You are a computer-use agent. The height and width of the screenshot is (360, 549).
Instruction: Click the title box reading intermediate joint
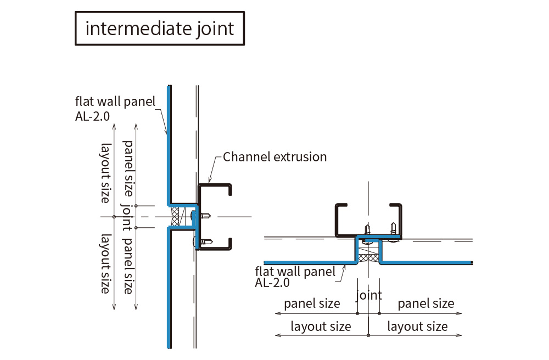(x=159, y=28)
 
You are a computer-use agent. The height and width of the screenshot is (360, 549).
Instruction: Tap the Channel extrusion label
(x=274, y=157)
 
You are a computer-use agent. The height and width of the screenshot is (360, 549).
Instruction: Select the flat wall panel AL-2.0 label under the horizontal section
(x=295, y=277)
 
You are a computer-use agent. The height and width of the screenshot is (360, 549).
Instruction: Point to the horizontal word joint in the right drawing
(x=368, y=295)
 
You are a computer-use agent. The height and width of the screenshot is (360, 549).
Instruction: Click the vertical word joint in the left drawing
(x=126, y=217)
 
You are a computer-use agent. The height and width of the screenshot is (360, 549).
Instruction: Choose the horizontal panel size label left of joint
(x=312, y=303)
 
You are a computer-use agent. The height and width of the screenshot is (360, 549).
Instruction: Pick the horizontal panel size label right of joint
(x=425, y=303)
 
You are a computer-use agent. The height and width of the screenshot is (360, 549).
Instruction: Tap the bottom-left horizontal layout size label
(x=321, y=327)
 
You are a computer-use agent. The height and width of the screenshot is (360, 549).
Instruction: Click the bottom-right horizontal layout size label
(x=417, y=327)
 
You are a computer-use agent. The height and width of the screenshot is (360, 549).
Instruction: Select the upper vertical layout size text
(x=104, y=172)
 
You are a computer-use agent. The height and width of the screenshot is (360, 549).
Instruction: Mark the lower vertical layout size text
(x=104, y=263)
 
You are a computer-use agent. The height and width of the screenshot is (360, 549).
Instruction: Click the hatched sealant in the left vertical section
(x=176, y=217)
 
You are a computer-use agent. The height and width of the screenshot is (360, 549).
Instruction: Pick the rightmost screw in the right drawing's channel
(x=393, y=227)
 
